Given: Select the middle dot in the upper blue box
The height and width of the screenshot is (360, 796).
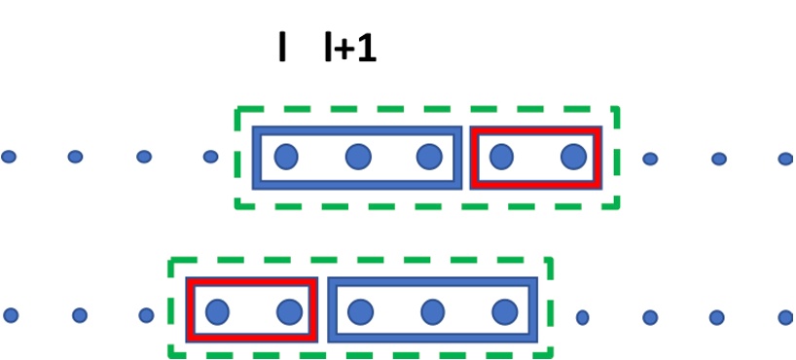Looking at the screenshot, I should point(358,156).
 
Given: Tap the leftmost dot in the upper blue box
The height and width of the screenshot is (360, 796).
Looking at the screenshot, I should point(285,156).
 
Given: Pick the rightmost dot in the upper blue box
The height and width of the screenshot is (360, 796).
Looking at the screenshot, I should point(429,156).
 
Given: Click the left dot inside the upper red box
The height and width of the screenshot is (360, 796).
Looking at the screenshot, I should point(501,156).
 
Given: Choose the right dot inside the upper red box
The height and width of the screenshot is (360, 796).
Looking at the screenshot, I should point(573,156).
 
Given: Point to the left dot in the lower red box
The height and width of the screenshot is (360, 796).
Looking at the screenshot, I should point(217,311).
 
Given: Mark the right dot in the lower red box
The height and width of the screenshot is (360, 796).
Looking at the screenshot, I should point(289,311).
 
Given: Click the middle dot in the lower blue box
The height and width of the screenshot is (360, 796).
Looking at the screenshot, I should point(432,311).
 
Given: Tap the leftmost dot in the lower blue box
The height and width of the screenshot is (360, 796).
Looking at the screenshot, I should point(360,311).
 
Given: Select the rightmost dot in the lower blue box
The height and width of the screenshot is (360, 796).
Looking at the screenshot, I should point(504,311).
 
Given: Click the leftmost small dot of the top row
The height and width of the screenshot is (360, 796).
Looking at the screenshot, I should point(9,157).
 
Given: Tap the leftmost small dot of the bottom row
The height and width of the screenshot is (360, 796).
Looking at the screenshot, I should point(11,315).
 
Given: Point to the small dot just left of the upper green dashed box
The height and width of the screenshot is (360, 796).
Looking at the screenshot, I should point(210,157).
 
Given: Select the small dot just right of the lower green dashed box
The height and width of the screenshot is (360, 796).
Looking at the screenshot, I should point(582,317).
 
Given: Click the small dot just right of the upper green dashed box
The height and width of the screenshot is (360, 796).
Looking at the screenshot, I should point(650,158).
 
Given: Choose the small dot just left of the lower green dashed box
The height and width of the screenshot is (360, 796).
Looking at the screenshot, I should point(146,315).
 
